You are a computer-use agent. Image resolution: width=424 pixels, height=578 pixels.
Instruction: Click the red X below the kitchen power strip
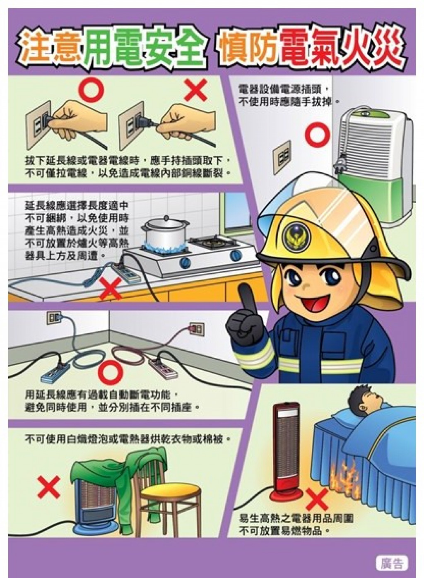111,288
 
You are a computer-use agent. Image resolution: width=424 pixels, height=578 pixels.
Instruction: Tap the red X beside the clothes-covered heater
48,486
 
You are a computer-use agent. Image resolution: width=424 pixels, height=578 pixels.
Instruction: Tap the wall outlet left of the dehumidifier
282,157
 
